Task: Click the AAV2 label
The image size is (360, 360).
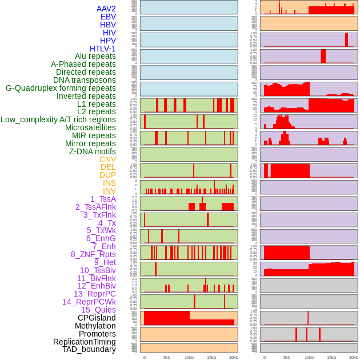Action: coord(106,9)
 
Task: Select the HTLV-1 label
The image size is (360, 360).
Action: coord(102,49)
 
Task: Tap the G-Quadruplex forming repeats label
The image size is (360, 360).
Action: coord(61,88)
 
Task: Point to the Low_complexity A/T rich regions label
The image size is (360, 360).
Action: coord(58,119)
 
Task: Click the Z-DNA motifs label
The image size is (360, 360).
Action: coord(92,151)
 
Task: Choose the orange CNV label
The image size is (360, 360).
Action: coord(107,159)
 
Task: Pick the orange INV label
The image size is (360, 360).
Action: coord(109,191)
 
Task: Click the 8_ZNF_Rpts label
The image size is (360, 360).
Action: coord(93,254)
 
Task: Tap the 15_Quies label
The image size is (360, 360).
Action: coord(98,310)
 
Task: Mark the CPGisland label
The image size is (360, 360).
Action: coord(97,318)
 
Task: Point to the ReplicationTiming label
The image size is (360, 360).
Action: coord(85,342)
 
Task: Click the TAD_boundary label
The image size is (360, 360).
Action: coord(89,349)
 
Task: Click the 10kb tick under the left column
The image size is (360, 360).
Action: coord(189,357)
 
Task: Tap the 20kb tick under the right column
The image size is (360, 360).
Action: coord(354,357)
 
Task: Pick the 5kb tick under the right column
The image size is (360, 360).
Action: coord(287,357)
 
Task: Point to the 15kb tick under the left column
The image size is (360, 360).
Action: coord(211,357)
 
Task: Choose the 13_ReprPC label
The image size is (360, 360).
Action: coord(94,294)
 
